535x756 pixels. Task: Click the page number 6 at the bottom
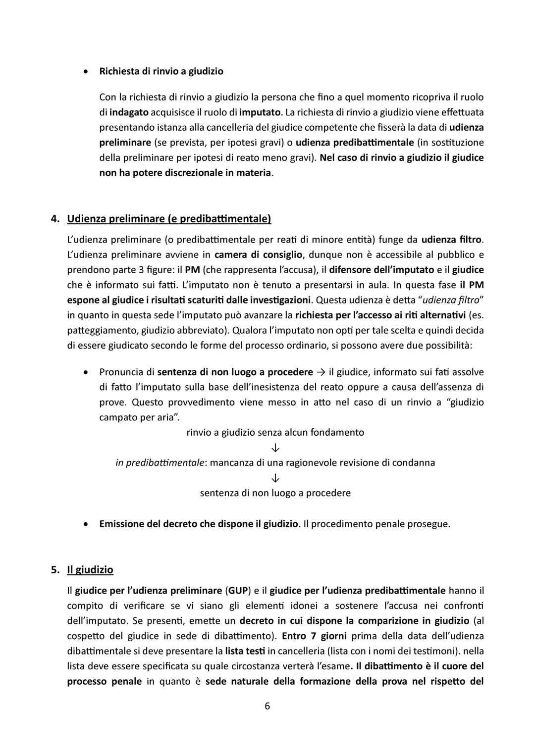point(267,706)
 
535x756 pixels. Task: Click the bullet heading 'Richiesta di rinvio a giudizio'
point(161,71)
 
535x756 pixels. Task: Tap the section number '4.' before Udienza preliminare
point(55,218)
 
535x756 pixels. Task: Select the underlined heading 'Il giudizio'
point(90,570)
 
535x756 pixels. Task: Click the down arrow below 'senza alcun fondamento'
point(275,448)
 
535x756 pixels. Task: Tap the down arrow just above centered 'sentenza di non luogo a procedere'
point(275,478)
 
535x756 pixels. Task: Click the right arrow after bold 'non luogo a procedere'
point(321,372)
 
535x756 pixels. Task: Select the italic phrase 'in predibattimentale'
point(160,463)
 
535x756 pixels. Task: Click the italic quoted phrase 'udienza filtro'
point(455,300)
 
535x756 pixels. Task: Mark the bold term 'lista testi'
point(245,651)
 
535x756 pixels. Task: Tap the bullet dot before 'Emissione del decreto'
point(87,524)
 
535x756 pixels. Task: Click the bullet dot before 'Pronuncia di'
point(87,372)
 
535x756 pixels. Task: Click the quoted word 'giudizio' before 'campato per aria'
point(466,402)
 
